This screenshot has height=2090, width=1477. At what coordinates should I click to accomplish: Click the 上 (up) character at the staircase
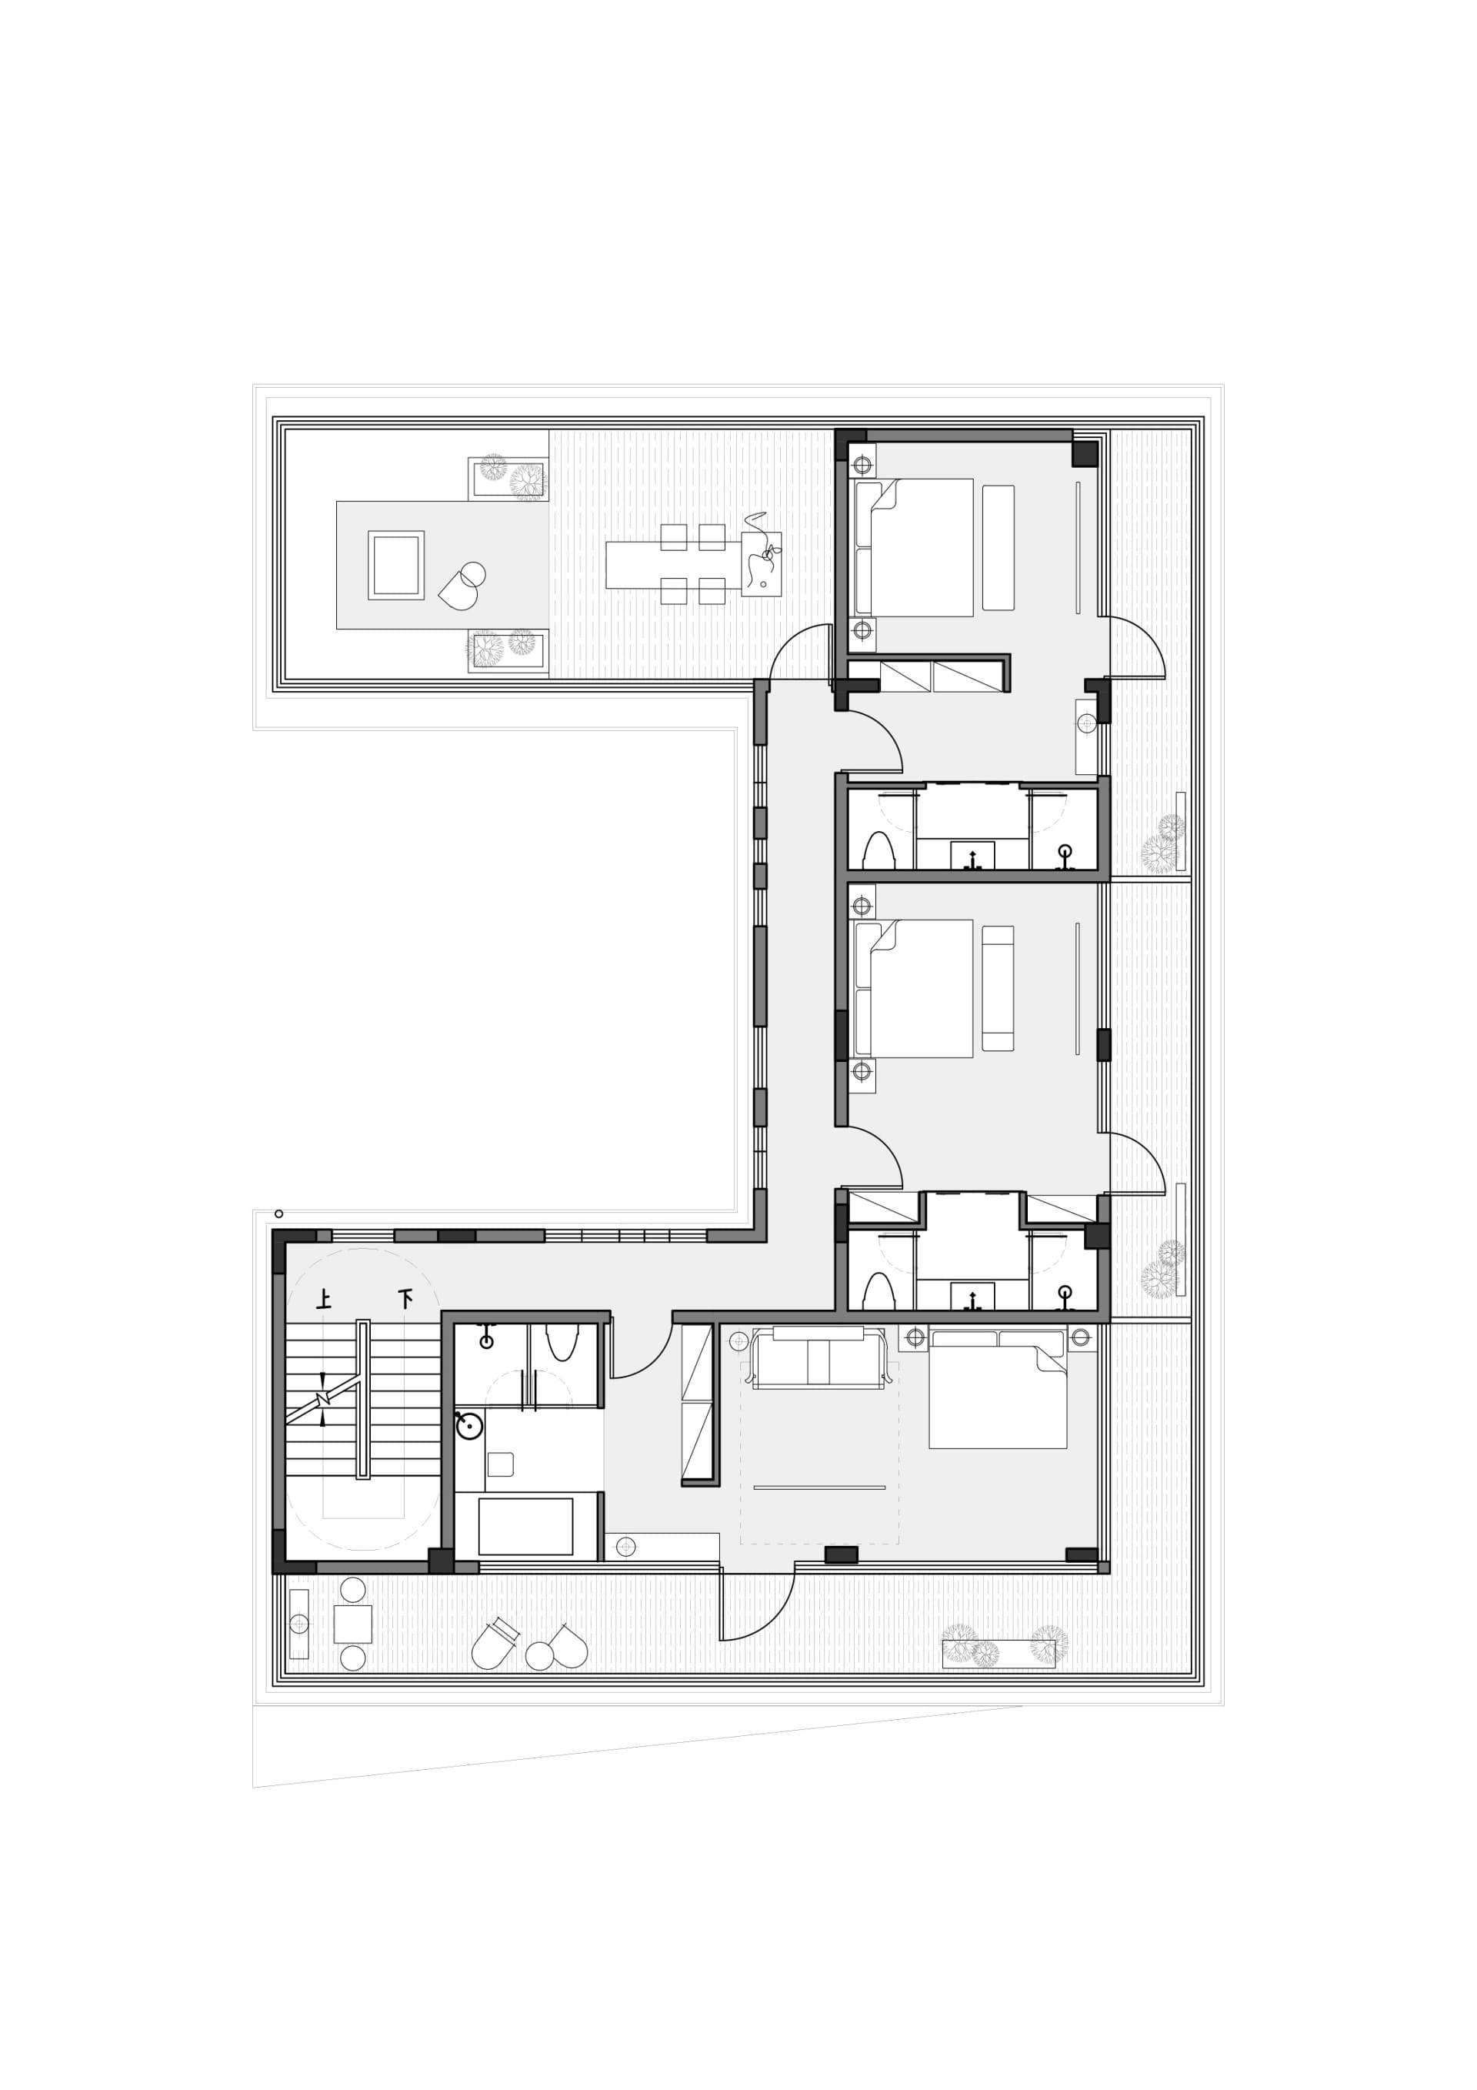click(x=323, y=1298)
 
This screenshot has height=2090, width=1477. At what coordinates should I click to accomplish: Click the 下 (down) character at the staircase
click(x=404, y=1298)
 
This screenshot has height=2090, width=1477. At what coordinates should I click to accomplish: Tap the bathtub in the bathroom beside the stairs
click(x=525, y=1527)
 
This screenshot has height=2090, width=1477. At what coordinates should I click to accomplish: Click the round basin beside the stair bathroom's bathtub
click(x=468, y=1427)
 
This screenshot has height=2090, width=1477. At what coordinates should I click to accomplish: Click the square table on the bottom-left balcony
click(x=353, y=1624)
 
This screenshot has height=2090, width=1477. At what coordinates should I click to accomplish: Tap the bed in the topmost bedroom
click(x=914, y=547)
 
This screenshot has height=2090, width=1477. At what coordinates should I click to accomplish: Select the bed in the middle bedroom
click(x=914, y=989)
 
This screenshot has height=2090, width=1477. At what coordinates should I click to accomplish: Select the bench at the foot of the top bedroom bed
click(x=999, y=547)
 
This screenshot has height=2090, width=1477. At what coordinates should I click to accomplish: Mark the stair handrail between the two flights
click(x=363, y=1399)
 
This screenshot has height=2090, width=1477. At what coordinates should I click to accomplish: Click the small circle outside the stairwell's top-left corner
click(x=278, y=1214)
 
